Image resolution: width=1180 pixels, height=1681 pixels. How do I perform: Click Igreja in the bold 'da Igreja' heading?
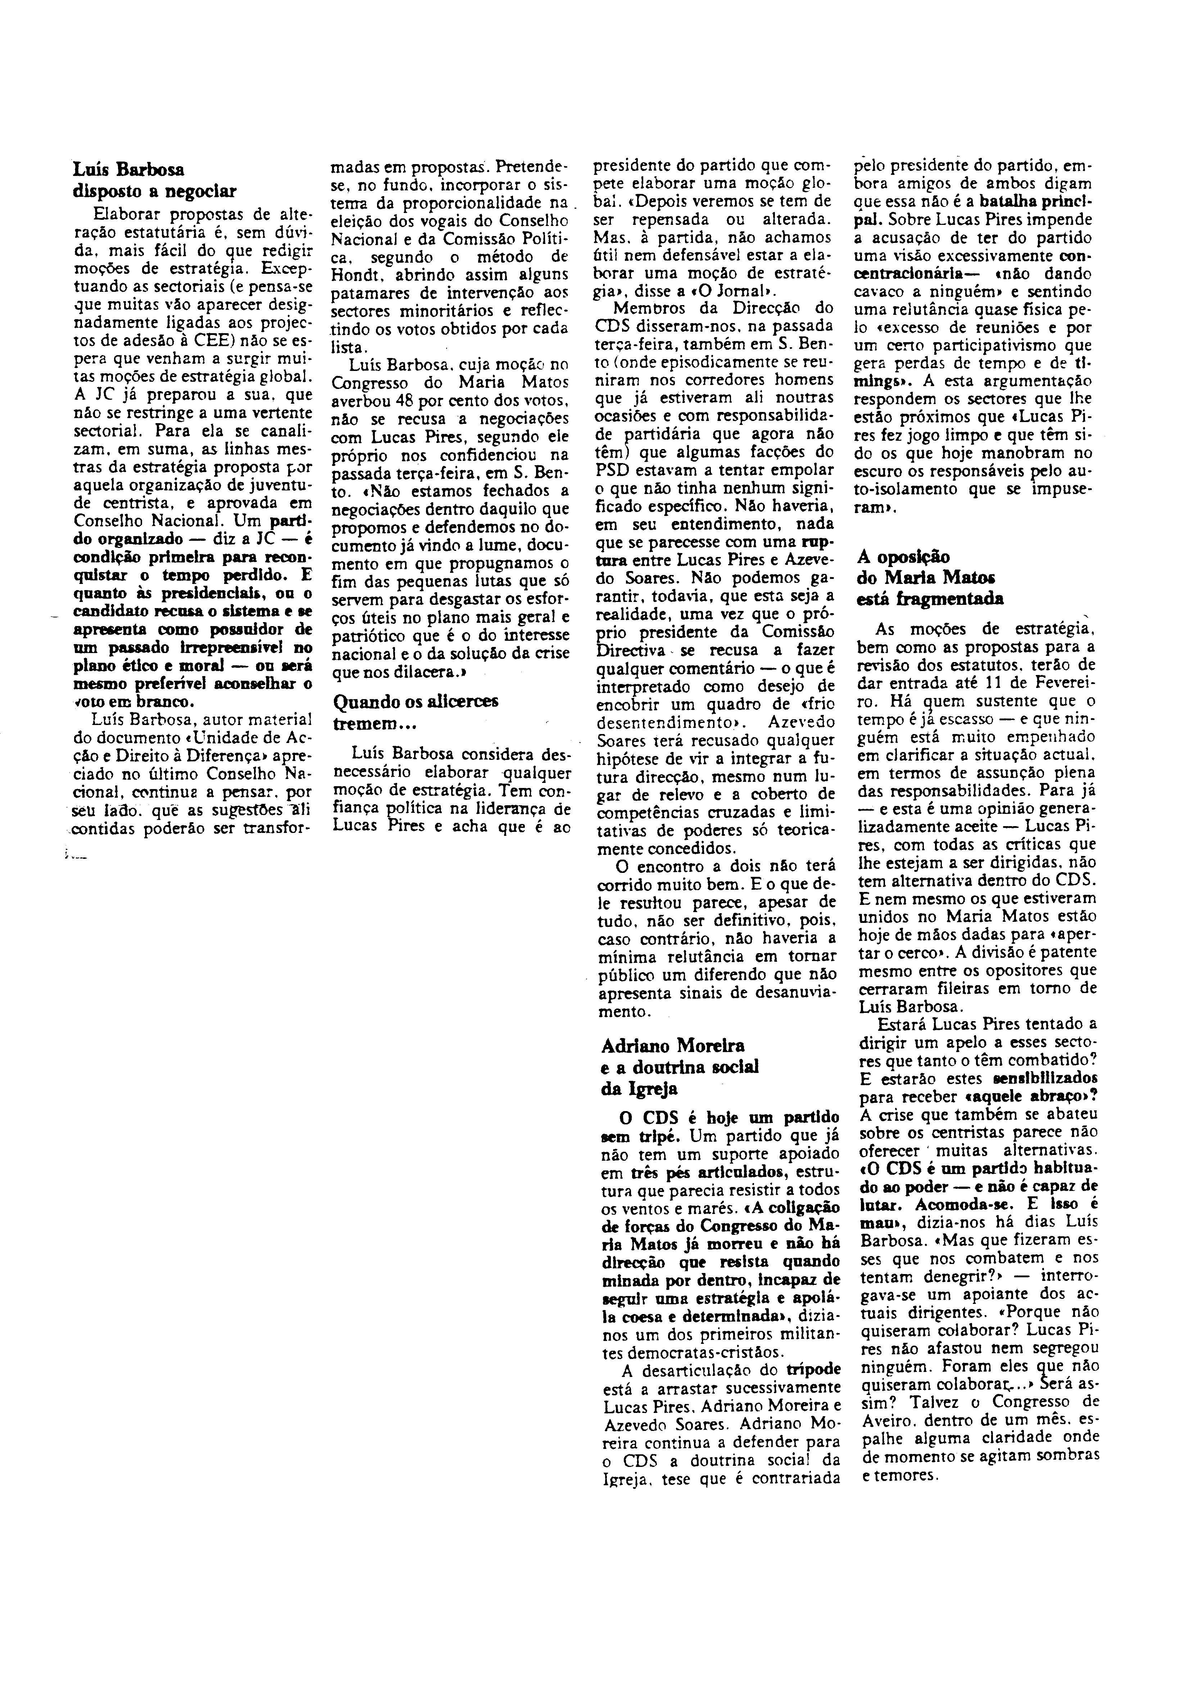(x=644, y=1089)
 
